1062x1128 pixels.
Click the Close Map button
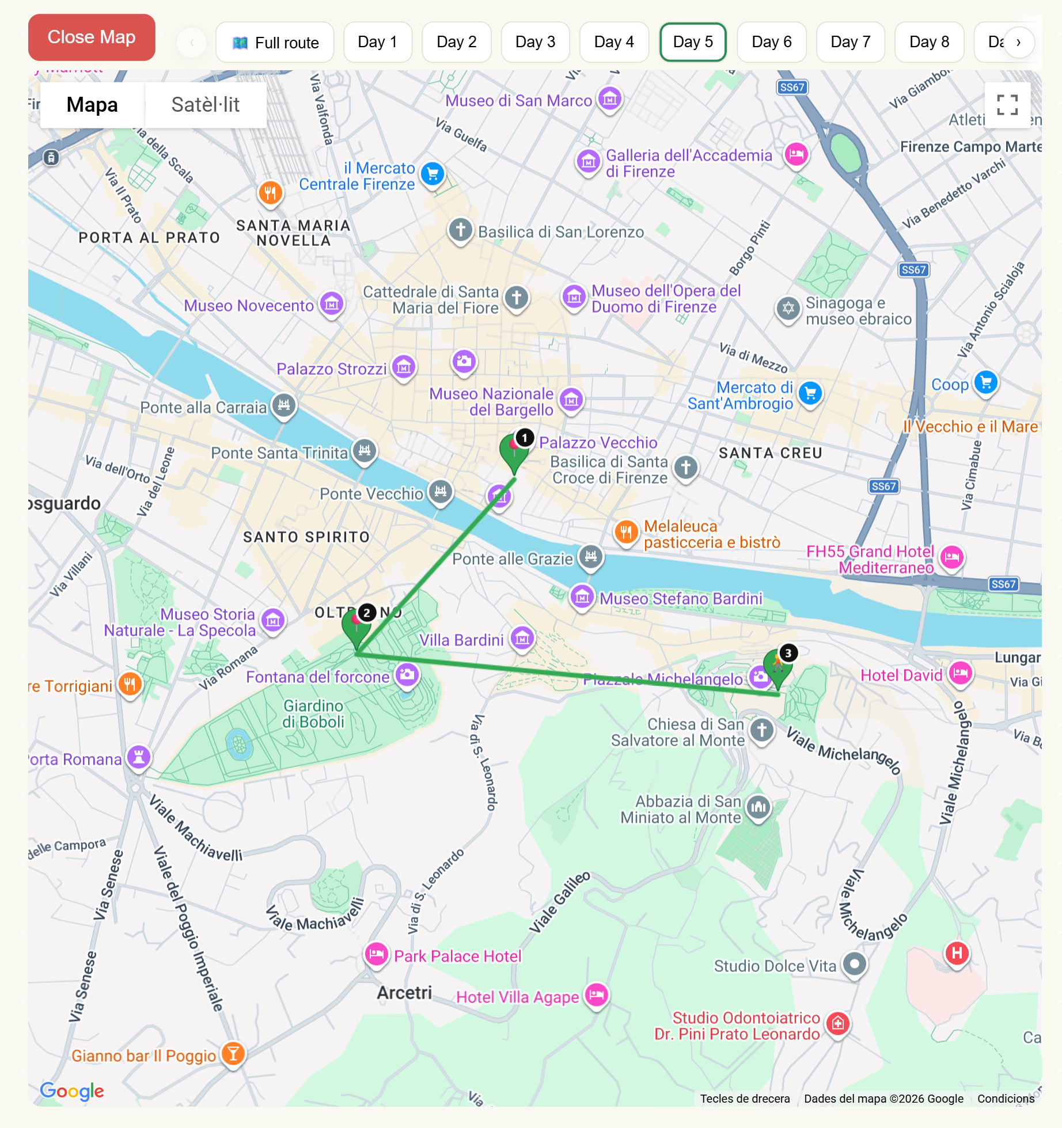click(92, 37)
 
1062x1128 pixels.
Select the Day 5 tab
click(692, 42)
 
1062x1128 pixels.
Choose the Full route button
click(275, 43)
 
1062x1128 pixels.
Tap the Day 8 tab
click(928, 42)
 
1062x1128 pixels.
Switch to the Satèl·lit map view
click(205, 105)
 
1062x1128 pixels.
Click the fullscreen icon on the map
click(1007, 105)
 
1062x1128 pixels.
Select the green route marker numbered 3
click(778, 667)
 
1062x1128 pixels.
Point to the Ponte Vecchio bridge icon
click(441, 492)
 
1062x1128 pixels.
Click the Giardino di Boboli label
click(313, 714)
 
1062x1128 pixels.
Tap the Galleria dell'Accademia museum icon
click(588, 162)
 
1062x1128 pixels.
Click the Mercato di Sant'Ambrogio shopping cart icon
click(810, 393)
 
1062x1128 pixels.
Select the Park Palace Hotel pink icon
click(377, 954)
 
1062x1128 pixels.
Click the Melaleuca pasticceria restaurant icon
click(626, 532)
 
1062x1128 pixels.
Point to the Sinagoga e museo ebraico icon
click(788, 309)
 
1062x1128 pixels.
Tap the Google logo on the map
click(72, 1091)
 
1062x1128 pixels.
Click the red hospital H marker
click(957, 953)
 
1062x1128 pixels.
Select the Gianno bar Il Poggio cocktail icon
click(233, 1054)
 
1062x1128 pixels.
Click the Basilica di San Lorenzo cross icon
click(460, 230)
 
